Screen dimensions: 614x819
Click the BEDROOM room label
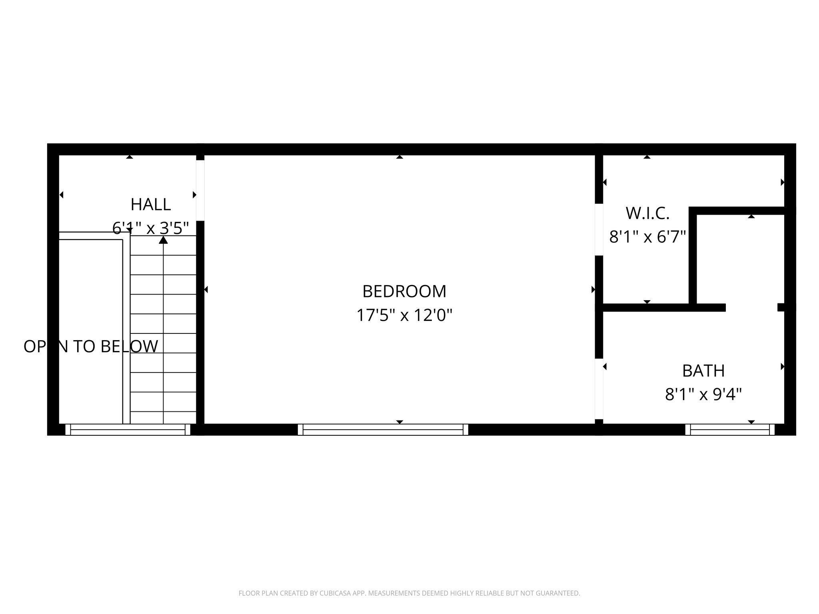(x=404, y=291)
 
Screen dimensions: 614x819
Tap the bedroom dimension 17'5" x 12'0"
(x=404, y=315)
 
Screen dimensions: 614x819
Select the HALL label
(x=151, y=205)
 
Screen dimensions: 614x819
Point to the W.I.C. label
(x=647, y=213)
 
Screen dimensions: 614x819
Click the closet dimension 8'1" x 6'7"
(x=647, y=237)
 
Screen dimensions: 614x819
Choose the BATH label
(x=703, y=371)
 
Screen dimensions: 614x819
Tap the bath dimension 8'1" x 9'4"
(x=703, y=395)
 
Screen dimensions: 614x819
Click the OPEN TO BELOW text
(x=91, y=347)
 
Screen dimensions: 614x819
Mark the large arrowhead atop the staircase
(x=163, y=240)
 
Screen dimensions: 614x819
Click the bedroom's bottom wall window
(x=383, y=430)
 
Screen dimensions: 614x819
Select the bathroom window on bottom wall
(x=730, y=430)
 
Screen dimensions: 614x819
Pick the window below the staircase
(x=128, y=430)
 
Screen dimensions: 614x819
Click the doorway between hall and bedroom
(x=200, y=190)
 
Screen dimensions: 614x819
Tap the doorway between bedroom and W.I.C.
(x=599, y=229)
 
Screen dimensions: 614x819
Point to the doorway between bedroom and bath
(x=599, y=389)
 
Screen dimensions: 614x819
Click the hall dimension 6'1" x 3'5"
(x=151, y=228)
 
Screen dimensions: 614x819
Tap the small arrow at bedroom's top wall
(x=400, y=157)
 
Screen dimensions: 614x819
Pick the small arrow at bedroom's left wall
(x=206, y=289)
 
